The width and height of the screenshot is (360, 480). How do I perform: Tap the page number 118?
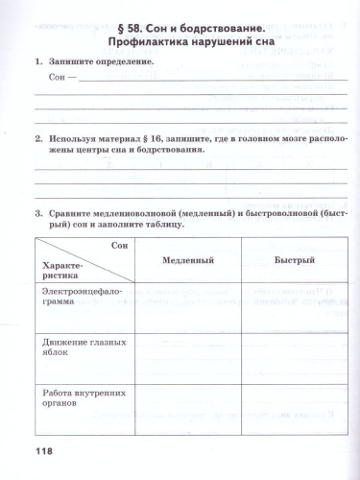coord(33,451)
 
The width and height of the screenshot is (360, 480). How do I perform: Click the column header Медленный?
coord(187,260)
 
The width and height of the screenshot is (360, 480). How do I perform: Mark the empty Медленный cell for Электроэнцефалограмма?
coord(187,306)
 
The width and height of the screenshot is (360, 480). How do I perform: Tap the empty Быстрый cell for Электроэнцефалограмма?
coord(295,306)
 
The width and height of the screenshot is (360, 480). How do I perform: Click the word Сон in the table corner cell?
coord(119,247)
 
